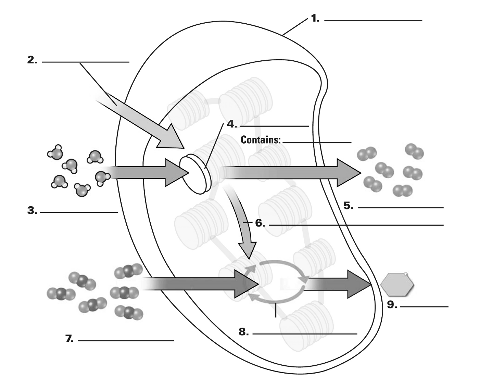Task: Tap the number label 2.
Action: pos(32,60)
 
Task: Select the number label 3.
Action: pos(32,211)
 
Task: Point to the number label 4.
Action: pos(232,124)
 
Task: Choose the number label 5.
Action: pos(349,206)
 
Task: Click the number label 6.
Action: pos(260,223)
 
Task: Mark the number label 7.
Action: pos(69,339)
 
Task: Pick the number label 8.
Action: pos(243,332)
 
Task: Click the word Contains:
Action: pos(261,140)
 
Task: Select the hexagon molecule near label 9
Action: pos(397,284)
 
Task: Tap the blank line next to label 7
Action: pos(126,340)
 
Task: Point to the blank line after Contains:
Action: pos(317,142)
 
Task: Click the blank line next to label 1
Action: pos(373,20)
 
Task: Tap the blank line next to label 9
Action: pos(424,306)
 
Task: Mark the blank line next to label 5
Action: pos(401,208)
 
